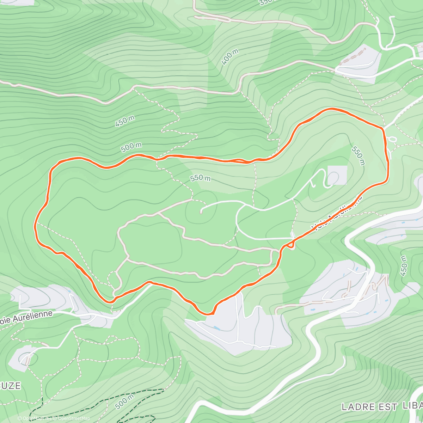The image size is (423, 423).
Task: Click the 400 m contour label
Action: pos(230,57)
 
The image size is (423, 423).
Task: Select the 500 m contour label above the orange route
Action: pos(131,147)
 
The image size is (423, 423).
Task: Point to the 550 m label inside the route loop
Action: pos(200,178)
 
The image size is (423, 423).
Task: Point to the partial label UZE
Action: pos(11,386)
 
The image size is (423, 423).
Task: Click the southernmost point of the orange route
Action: pos(209,313)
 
